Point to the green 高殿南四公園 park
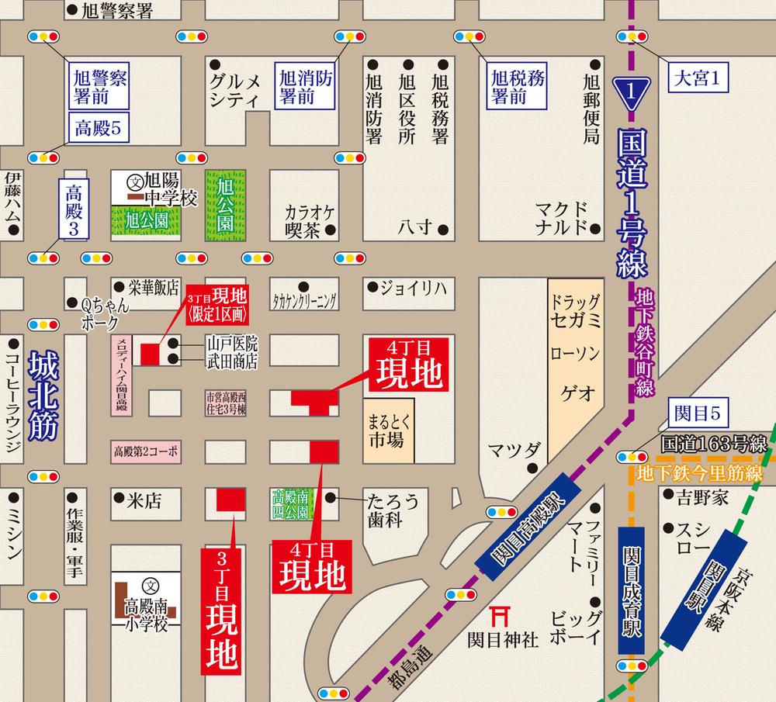tap(291, 503)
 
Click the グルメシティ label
tap(238, 89)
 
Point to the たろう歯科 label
tap(394, 510)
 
